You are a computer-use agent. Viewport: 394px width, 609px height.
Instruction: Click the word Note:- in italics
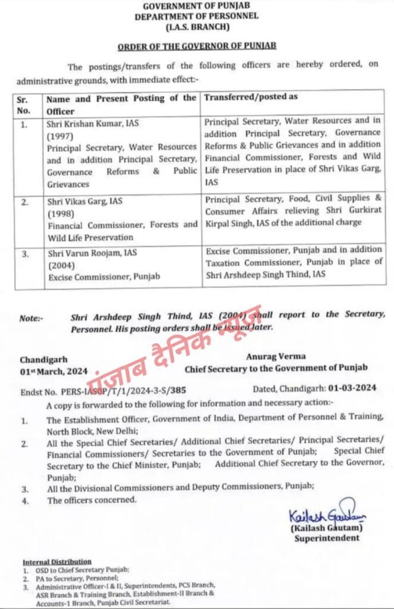coord(31,318)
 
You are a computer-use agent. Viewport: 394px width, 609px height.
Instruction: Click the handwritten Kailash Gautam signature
coord(319,514)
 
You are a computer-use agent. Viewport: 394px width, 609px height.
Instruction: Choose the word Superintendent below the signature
coord(327,538)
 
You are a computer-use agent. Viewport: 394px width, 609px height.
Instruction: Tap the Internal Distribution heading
coord(57,561)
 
